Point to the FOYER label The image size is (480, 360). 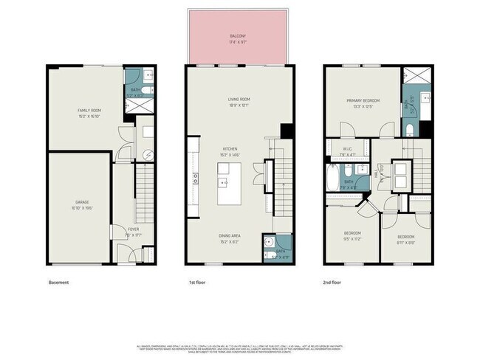click(133, 229)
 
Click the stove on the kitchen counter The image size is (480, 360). click(196, 177)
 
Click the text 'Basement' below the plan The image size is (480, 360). click(58, 282)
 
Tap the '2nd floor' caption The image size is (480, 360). click(332, 282)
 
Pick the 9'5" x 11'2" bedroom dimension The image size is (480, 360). click(353, 239)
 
